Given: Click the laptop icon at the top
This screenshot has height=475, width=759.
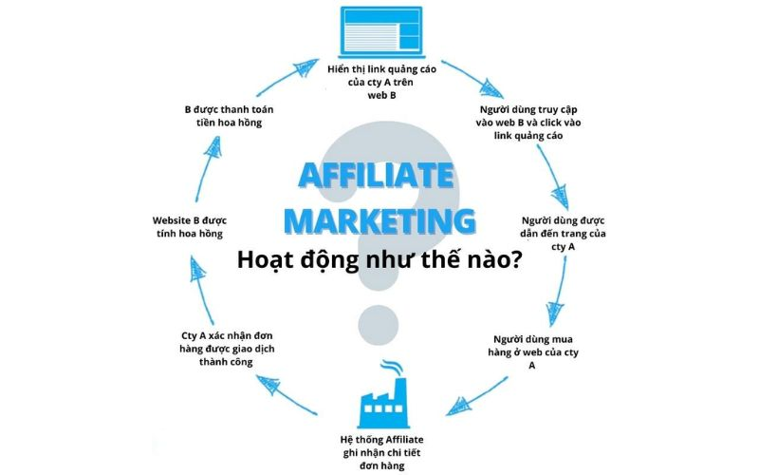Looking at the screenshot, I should pos(379,32).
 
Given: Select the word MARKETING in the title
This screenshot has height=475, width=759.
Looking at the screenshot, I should pos(379,219).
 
